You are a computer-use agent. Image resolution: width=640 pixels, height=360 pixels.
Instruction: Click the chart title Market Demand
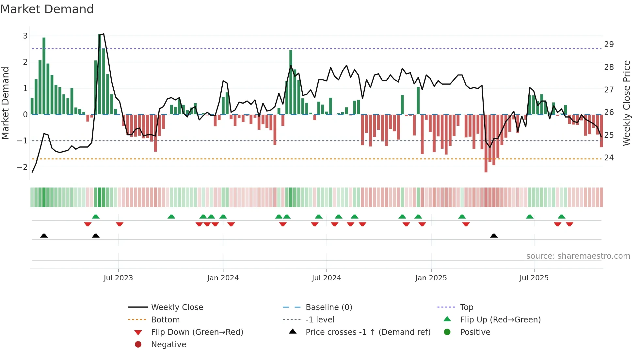(x=47, y=9)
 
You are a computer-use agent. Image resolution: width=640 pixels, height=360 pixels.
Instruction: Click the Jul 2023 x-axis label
(x=118, y=278)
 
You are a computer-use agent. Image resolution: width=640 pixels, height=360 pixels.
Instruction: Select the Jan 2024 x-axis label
(x=223, y=278)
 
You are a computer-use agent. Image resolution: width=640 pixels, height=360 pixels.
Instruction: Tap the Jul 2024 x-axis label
(x=326, y=278)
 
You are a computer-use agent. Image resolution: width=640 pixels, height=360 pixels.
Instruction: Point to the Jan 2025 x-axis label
(x=431, y=278)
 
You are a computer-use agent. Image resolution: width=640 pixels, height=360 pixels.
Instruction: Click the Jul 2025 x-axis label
(x=534, y=278)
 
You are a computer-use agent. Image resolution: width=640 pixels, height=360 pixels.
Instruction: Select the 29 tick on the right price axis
(x=609, y=44)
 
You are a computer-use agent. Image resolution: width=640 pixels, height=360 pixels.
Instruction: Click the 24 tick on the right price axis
(x=609, y=158)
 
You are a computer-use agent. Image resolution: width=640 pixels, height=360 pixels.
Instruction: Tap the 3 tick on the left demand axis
(x=25, y=36)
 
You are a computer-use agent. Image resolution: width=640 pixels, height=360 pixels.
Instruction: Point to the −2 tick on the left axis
(x=23, y=167)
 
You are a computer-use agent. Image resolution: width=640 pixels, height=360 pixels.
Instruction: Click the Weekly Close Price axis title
(x=626, y=103)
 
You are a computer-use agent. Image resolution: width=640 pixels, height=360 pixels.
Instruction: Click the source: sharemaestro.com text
(x=578, y=256)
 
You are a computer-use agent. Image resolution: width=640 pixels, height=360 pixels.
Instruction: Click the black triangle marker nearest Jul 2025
(x=494, y=236)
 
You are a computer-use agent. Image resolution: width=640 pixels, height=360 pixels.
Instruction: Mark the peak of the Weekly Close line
(x=104, y=34)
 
